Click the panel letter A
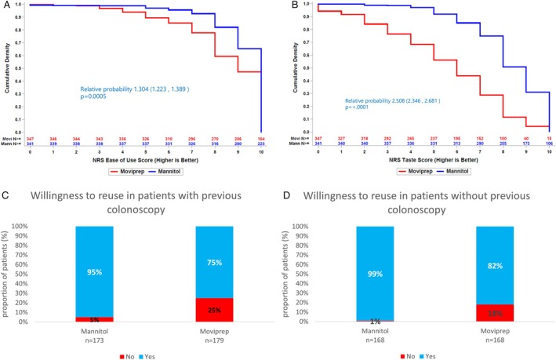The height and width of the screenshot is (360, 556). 5,6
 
